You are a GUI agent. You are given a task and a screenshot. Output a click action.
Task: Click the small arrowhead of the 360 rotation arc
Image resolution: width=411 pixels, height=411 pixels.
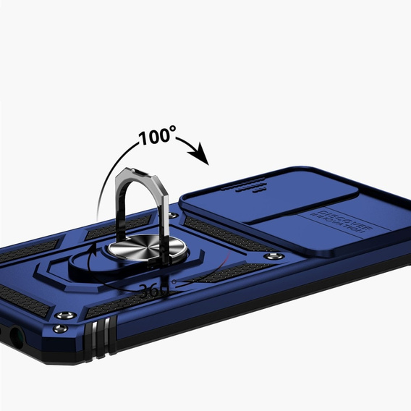coord(91,249)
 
